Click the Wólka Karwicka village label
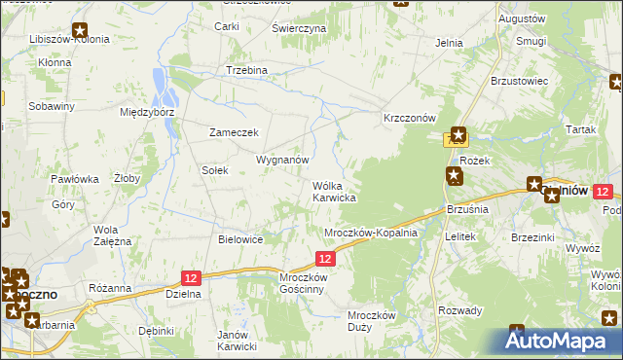[333, 191]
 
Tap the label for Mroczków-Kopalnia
[370, 233]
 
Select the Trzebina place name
[246, 71]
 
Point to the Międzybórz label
[146, 112]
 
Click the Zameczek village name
[234, 132]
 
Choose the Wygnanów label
[282, 159]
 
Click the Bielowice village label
[241, 238]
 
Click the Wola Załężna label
[112, 235]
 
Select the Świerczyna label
[299, 29]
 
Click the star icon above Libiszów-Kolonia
[79, 29]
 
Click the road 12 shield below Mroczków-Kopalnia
[325, 258]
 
